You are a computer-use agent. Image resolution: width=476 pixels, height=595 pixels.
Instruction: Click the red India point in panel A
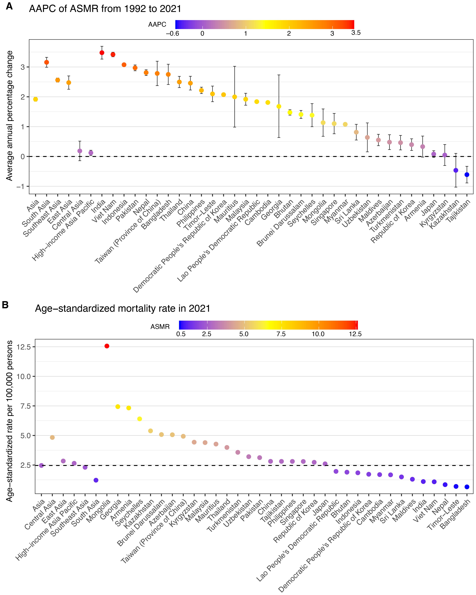tap(102, 53)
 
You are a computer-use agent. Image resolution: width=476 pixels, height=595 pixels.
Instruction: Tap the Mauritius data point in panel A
tap(235, 97)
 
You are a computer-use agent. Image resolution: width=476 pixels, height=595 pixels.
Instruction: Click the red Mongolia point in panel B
tap(107, 346)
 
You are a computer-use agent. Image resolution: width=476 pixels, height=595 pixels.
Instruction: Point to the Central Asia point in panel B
tap(52, 437)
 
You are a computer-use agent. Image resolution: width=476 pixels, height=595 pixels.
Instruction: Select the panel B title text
tap(122, 308)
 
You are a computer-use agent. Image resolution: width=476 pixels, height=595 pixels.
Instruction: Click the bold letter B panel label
tap(5, 305)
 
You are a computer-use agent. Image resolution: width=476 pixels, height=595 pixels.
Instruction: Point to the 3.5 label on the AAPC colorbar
tap(356, 33)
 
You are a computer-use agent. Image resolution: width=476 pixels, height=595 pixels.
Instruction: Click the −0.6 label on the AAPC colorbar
tap(172, 34)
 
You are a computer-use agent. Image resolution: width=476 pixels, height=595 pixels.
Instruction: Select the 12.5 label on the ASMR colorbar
tap(355, 334)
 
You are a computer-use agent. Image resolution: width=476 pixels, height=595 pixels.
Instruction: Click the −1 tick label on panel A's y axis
tap(20, 187)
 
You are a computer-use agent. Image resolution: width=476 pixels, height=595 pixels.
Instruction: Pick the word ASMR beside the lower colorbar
tap(160, 327)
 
